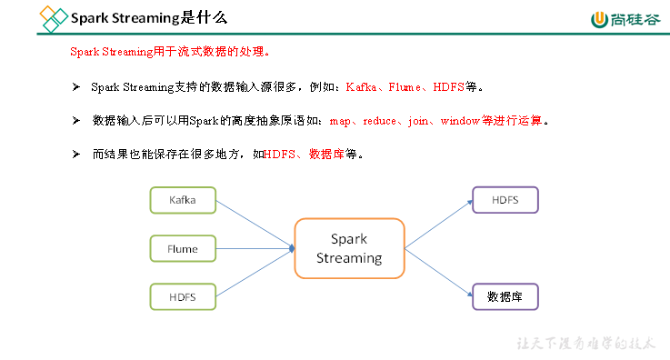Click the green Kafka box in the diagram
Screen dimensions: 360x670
point(183,199)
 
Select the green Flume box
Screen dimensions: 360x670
point(183,247)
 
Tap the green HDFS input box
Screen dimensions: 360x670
point(183,295)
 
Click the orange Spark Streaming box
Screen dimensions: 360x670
point(349,248)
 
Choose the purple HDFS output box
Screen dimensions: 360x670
point(505,200)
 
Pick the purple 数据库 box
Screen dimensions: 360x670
point(505,296)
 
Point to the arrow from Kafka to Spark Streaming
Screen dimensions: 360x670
point(254,223)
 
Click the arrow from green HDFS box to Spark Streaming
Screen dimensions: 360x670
point(254,273)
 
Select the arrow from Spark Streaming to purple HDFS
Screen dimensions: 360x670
point(437,224)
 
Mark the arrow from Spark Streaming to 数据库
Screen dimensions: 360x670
point(437,272)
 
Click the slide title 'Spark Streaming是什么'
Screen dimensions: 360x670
point(149,17)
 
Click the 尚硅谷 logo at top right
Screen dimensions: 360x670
point(625,19)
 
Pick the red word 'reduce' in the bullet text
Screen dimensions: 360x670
point(379,120)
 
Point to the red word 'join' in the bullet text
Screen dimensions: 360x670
point(419,120)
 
